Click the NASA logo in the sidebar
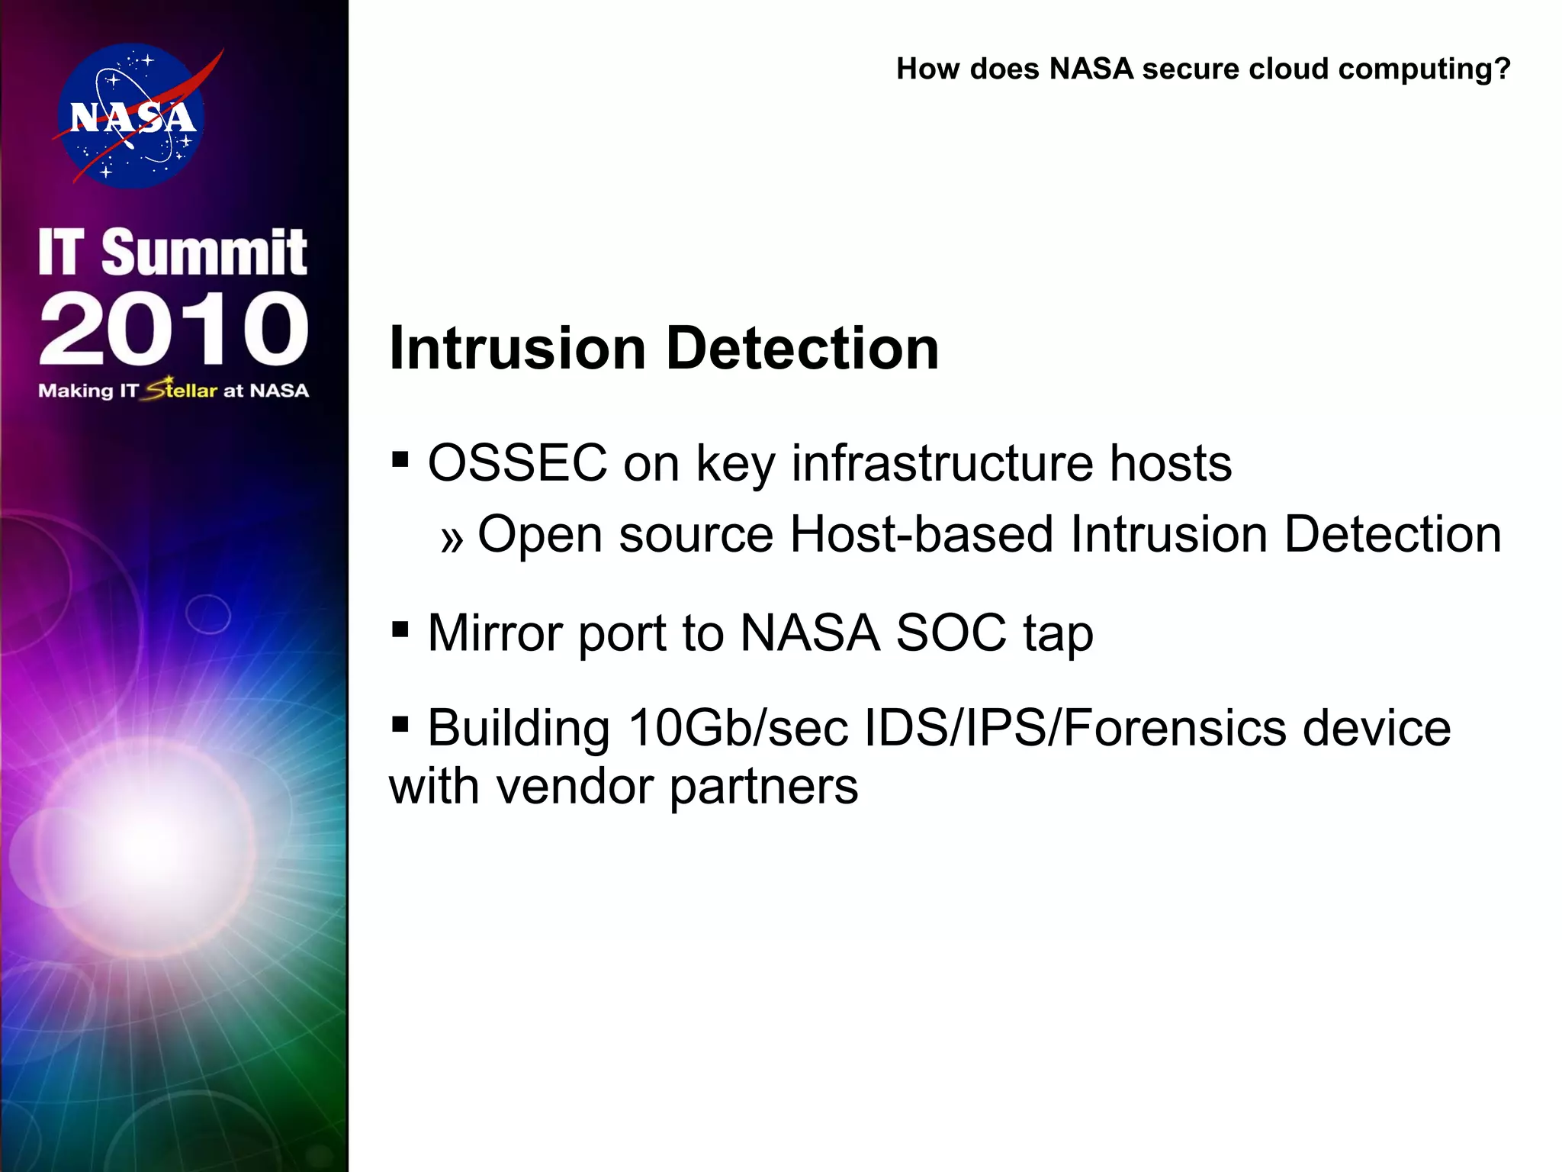click(131, 116)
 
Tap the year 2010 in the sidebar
click(174, 330)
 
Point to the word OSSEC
click(517, 463)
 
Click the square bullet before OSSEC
click(400, 460)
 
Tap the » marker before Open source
click(452, 539)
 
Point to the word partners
click(763, 787)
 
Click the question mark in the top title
click(1502, 69)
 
